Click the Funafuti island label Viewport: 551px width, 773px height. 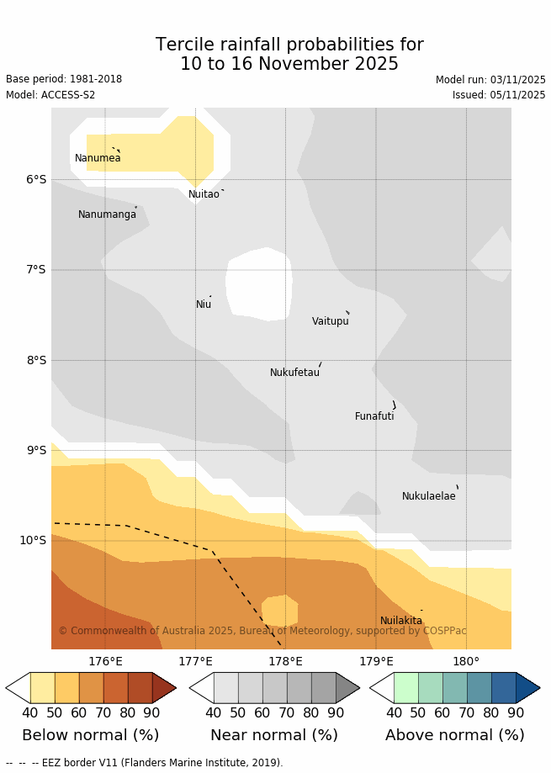coord(374,416)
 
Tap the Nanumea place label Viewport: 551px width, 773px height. coord(98,158)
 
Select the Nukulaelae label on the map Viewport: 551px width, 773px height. coord(428,496)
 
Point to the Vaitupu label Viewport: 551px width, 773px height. coord(330,321)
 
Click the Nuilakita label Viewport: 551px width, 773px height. coord(401,621)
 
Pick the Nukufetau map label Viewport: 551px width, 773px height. coord(294,373)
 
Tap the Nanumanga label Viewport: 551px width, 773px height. coord(107,214)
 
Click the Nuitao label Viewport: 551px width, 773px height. coord(204,194)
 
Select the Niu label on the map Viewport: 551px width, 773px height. coord(204,304)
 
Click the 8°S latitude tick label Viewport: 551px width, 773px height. coord(35,360)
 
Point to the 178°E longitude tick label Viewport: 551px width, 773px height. coord(285,662)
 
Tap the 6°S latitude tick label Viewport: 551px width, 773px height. coord(35,179)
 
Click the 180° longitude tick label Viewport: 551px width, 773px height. coord(466,662)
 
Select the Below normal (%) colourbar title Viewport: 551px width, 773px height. coord(91,735)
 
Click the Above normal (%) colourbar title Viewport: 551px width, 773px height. coord(454,735)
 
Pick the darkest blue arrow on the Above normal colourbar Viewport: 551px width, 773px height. coord(527,687)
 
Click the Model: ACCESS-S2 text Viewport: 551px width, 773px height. coord(50,95)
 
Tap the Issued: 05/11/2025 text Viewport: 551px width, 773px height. coord(499,95)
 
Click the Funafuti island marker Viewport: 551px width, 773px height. coord(394,405)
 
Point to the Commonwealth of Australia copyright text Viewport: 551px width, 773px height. coord(262,631)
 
